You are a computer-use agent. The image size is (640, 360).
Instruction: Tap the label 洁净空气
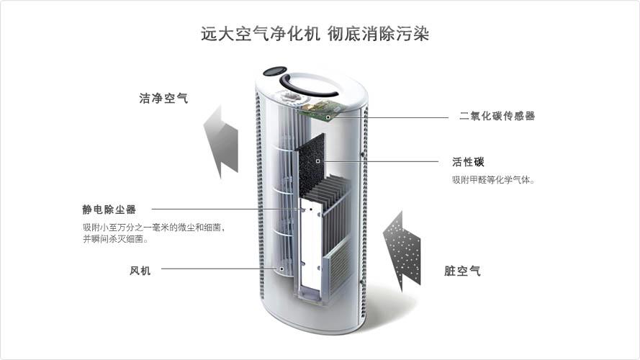tap(163, 99)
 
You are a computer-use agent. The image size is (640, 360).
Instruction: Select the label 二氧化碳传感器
tap(497, 116)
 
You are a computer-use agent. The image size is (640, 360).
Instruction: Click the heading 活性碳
tap(468, 161)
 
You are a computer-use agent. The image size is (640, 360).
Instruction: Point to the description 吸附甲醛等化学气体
tap(493, 179)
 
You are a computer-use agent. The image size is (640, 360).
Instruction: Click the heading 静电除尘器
tap(109, 210)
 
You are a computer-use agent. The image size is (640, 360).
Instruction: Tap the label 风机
tap(140, 271)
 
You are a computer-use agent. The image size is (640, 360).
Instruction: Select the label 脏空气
tap(462, 271)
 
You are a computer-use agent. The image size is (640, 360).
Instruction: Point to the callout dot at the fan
tap(281, 269)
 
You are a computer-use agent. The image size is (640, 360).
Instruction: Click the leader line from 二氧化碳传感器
tap(389, 117)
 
